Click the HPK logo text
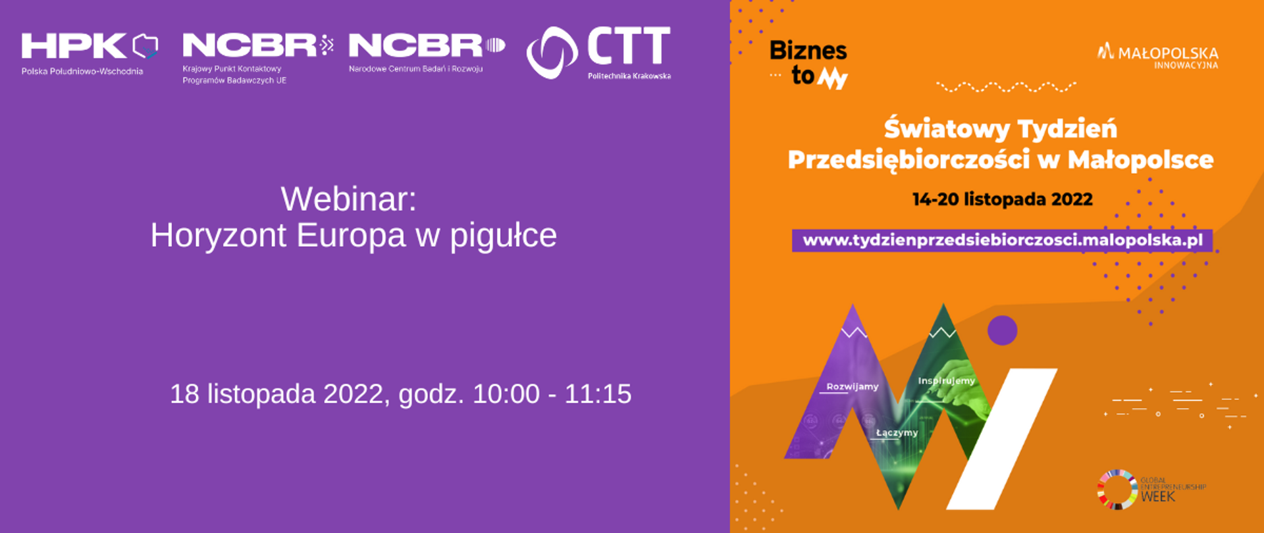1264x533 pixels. [x=74, y=46]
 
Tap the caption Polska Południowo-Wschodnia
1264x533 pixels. [x=82, y=71]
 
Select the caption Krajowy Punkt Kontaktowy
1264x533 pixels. [x=232, y=68]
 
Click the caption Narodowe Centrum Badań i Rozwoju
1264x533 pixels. [x=415, y=68]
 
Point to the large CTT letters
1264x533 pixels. [x=629, y=46]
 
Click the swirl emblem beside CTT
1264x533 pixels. [x=552, y=52]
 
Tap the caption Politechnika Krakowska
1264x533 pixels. [x=629, y=76]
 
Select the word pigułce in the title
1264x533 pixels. [x=504, y=236]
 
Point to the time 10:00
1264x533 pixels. [x=506, y=393]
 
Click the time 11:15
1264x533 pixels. [x=598, y=393]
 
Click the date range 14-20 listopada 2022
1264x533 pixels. [x=1002, y=199]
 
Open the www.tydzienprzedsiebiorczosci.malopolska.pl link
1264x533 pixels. [x=1002, y=240]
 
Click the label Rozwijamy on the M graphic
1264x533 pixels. [x=852, y=386]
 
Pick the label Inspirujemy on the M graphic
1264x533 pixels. [x=946, y=380]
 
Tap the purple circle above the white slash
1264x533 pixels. [x=1002, y=330]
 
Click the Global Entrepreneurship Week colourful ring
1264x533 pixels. [x=1117, y=490]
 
